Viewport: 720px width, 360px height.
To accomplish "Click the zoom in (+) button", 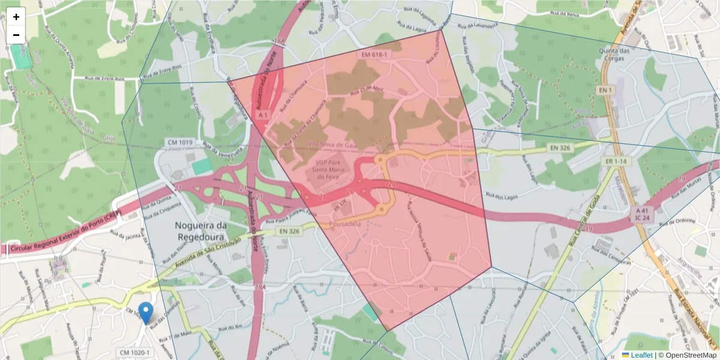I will (x=16, y=17).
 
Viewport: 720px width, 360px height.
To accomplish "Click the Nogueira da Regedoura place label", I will (x=202, y=231).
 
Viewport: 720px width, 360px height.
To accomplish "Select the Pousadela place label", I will (x=346, y=224).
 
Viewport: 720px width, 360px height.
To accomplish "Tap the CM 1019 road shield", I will (x=179, y=142).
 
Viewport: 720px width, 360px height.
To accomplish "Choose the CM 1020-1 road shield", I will (x=136, y=353).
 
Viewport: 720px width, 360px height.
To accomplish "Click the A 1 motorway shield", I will (x=262, y=114).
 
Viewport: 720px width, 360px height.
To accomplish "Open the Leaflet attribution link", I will (x=641, y=355).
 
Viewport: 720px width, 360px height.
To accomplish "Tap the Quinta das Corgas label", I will (x=614, y=55).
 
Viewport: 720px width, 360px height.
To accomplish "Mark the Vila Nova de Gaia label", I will (x=333, y=145).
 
